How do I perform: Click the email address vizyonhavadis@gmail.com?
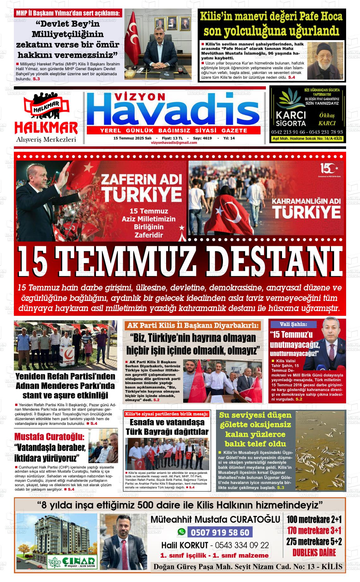[174, 143]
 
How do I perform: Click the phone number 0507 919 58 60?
[220, 532]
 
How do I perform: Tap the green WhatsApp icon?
[182, 532]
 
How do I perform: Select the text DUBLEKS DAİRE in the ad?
[314, 553]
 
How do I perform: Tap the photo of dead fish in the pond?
[320, 450]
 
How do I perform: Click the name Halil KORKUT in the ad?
[184, 545]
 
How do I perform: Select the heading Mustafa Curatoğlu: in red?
[49, 437]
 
